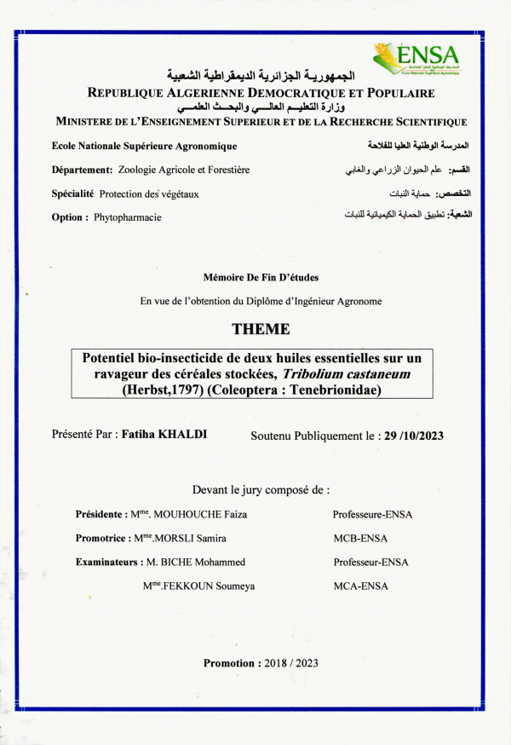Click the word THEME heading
(261, 329)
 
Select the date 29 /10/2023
(414, 436)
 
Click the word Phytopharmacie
(128, 217)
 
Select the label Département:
(82, 170)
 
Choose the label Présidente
(99, 515)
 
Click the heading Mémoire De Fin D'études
(261, 277)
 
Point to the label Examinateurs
(106, 562)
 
